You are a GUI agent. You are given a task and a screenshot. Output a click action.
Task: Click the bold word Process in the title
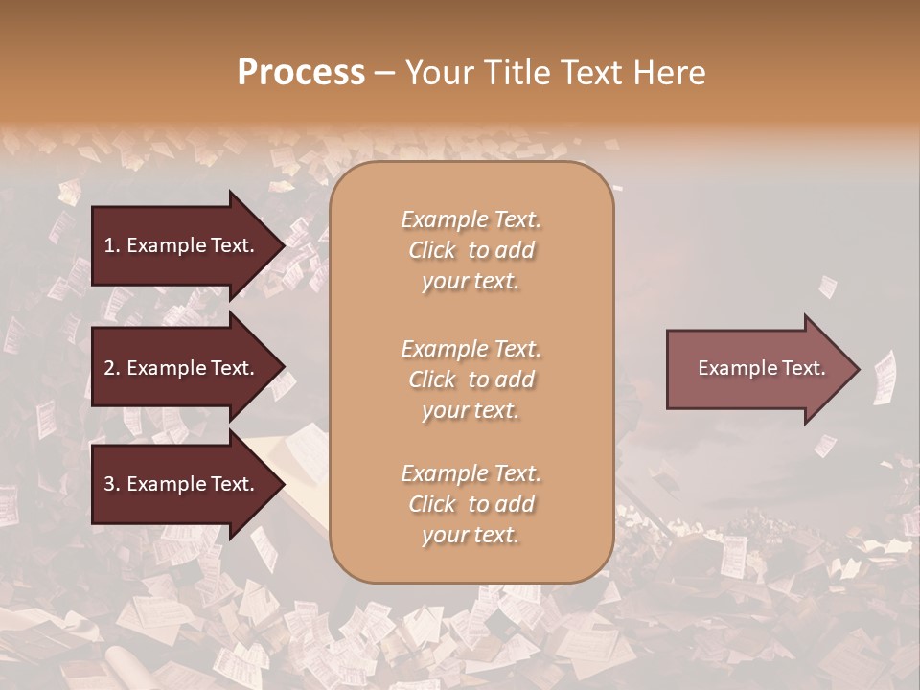(x=301, y=73)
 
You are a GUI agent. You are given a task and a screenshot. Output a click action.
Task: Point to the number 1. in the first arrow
(x=112, y=246)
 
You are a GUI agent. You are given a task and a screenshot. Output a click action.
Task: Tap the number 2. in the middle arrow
(x=112, y=369)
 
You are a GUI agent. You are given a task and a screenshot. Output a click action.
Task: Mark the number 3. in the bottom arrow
(x=112, y=485)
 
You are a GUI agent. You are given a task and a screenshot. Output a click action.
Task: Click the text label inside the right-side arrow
(x=761, y=368)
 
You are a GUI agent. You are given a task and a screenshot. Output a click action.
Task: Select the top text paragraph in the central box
(x=471, y=250)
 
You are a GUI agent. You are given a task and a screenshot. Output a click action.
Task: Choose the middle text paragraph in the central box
(x=471, y=379)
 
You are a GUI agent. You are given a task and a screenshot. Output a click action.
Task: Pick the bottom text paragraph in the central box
(x=471, y=504)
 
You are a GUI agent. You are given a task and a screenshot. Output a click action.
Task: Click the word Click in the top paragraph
(x=432, y=250)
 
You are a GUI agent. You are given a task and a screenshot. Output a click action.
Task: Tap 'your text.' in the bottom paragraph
(x=471, y=536)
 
